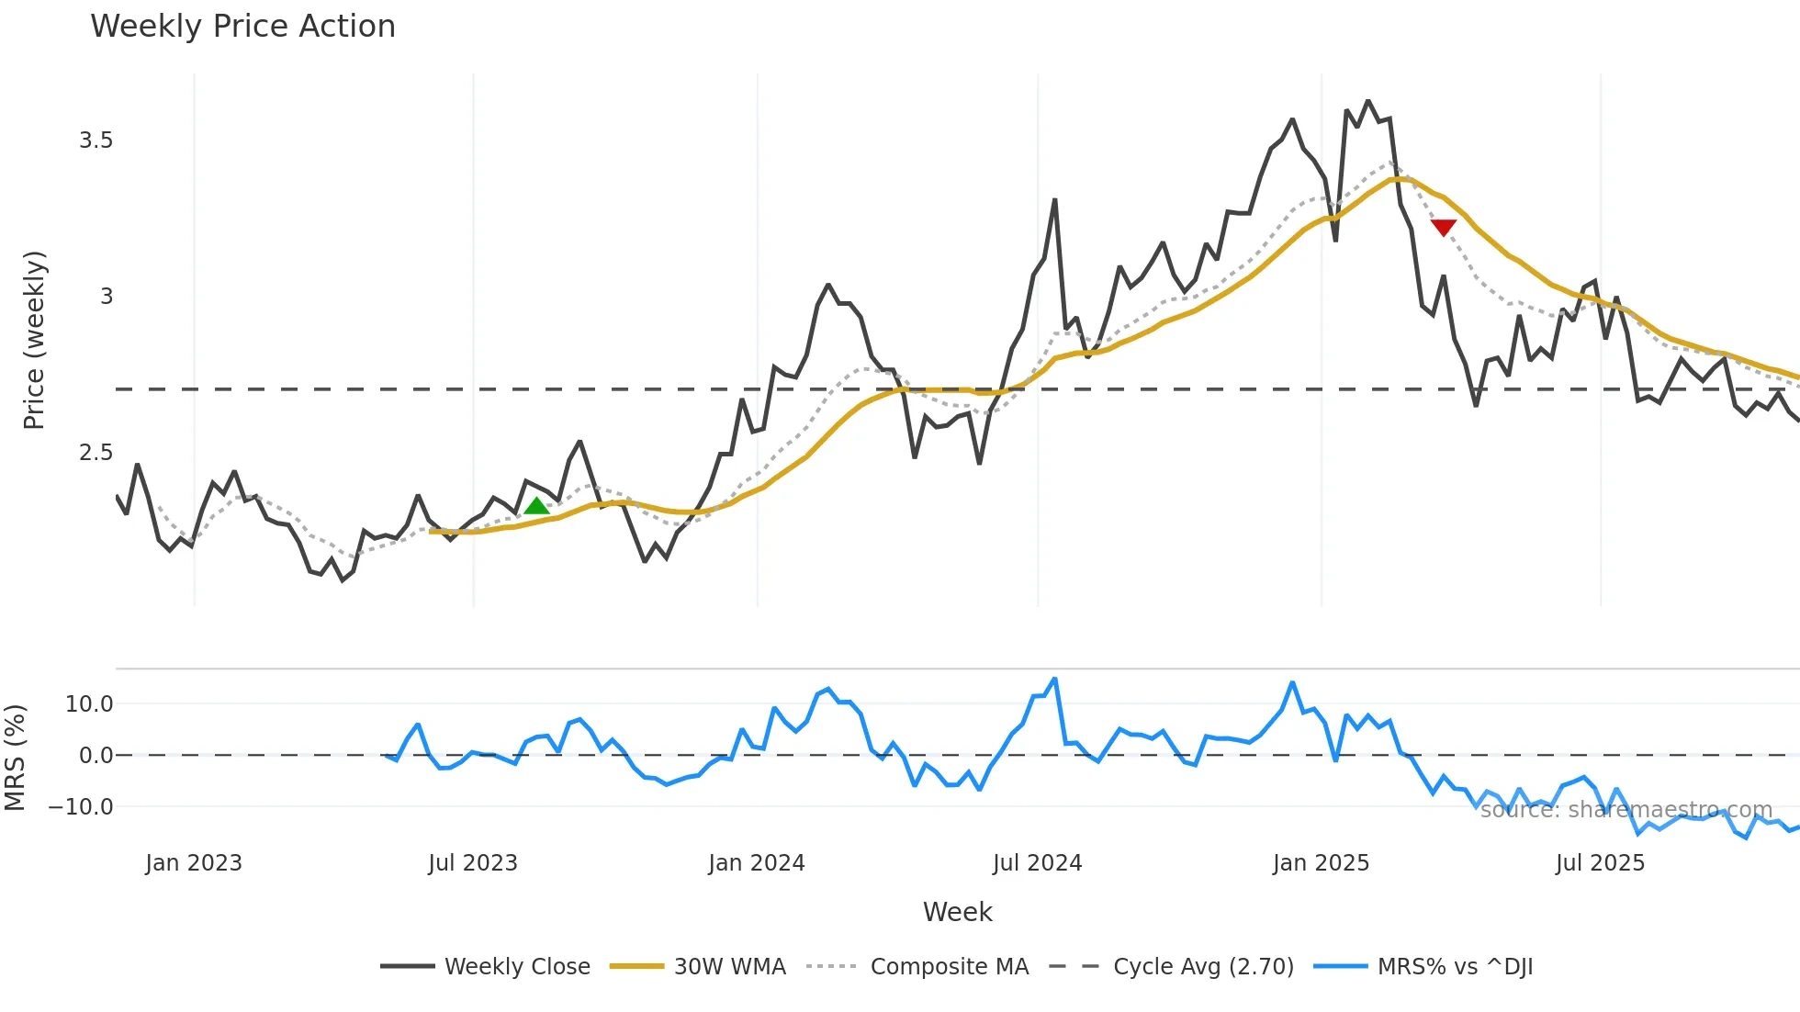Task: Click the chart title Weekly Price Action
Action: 242,26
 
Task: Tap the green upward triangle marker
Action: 536,504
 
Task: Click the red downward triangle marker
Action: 1443,227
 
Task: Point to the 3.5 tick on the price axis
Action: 96,141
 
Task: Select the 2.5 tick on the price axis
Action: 96,453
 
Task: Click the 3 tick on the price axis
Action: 107,297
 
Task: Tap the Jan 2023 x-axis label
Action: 194,863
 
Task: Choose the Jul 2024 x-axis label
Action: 1037,863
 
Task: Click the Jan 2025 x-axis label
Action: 1321,863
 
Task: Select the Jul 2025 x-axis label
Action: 1600,863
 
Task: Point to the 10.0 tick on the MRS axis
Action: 89,704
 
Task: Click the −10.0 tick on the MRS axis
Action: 81,807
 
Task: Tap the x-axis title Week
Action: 957,912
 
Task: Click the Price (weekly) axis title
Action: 34,340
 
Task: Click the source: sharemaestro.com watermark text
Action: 1626,810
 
